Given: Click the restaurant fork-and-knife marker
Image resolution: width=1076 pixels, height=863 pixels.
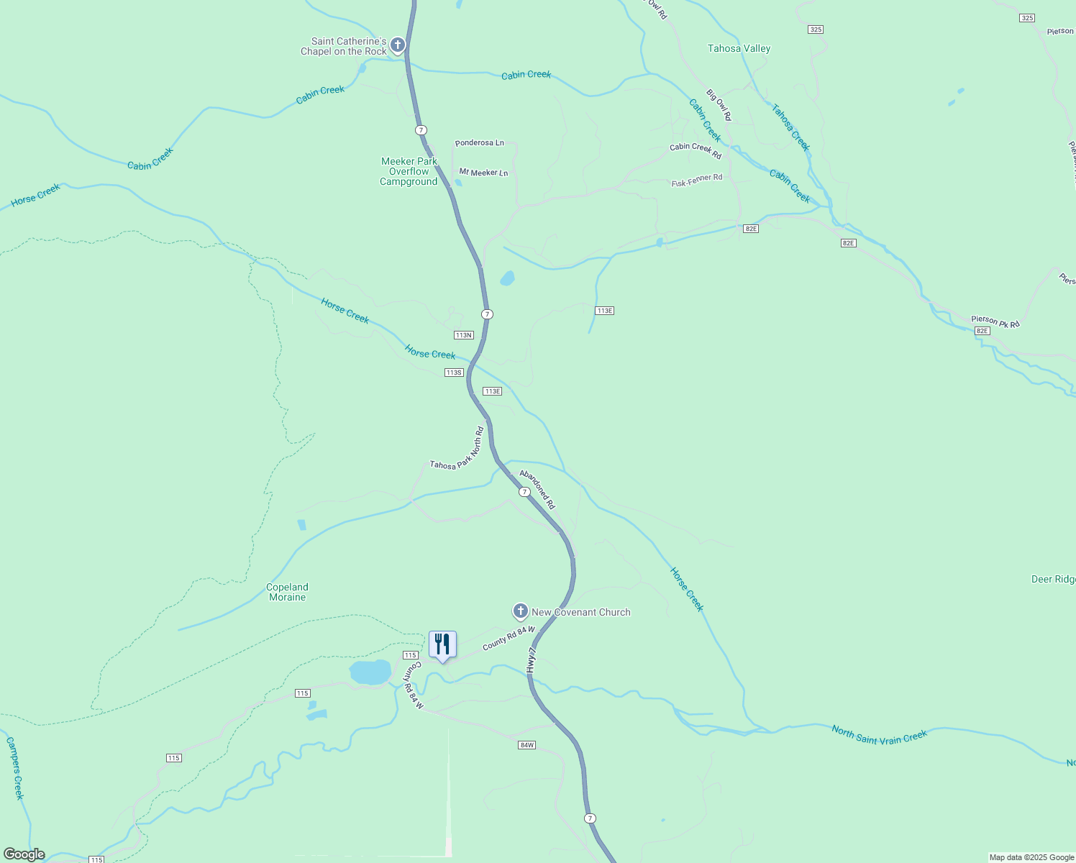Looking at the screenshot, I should click(442, 644).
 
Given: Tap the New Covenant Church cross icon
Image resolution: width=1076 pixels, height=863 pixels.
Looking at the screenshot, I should click(520, 611).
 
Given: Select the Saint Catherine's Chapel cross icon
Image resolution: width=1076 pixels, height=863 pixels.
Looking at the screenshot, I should click(397, 46).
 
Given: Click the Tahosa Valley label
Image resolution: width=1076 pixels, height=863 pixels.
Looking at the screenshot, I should click(739, 49).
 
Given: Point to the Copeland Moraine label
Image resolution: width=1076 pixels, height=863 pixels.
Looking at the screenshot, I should click(287, 592).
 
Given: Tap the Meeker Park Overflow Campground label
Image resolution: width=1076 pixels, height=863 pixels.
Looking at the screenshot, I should click(409, 172).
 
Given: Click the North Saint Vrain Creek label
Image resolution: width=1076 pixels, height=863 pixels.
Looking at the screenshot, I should click(879, 734).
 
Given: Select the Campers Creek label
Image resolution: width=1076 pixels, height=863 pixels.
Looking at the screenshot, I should click(15, 767).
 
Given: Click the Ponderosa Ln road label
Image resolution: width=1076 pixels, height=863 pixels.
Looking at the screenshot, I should click(480, 142).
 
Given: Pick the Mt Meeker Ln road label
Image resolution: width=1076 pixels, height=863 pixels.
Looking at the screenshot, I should click(483, 173).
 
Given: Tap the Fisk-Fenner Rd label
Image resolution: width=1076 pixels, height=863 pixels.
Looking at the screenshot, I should click(696, 181).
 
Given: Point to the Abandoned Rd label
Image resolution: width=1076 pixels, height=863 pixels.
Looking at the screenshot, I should click(537, 490).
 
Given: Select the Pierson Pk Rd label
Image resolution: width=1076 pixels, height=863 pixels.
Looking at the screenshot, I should click(995, 321).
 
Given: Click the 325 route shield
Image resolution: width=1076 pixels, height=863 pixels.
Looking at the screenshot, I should click(815, 29).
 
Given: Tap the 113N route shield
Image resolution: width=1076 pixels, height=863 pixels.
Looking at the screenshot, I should click(463, 335).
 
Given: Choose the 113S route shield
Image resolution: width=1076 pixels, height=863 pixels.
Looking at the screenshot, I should click(453, 373).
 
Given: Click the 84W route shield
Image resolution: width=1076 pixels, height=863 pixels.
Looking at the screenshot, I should click(526, 744).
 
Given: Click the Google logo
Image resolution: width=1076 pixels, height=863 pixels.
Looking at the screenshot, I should click(24, 854).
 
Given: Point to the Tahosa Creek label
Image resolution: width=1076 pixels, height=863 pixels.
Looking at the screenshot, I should click(790, 127).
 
